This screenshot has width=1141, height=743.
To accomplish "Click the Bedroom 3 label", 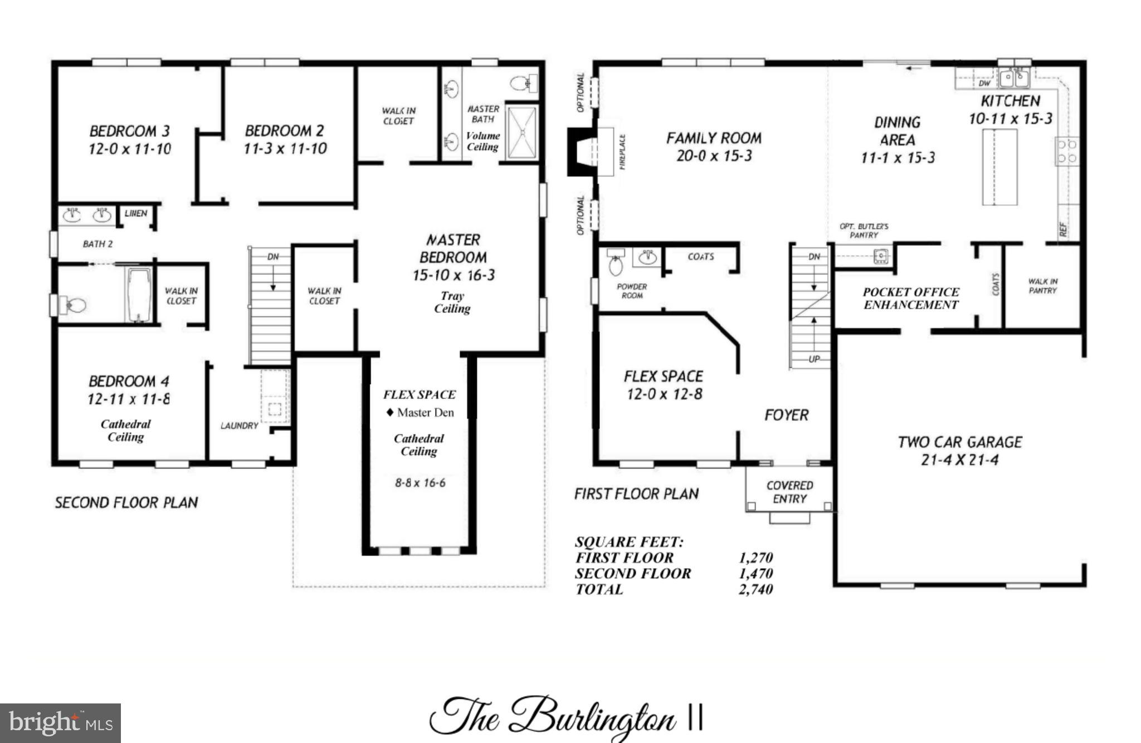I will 130,131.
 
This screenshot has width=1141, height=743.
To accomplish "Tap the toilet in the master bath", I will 523,84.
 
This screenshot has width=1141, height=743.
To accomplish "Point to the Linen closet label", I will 136,213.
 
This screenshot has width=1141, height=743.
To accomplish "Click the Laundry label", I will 239,426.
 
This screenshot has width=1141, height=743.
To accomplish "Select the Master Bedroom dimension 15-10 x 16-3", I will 453,275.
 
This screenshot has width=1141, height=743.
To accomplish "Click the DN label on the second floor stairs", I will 273,257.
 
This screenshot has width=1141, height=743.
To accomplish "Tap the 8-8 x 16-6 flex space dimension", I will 420,483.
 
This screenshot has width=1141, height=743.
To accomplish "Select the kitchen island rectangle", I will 999,167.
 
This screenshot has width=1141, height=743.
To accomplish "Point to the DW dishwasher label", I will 984,84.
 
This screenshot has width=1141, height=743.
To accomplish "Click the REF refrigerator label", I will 1063,229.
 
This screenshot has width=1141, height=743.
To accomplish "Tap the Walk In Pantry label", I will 1042,286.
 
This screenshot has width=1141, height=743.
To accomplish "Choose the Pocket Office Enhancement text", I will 910,299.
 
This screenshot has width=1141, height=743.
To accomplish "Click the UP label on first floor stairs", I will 814,359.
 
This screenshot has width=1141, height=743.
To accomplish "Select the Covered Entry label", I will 789,492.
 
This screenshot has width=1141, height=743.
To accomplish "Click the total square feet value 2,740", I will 755,589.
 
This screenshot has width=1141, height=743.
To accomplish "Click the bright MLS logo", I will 60,723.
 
